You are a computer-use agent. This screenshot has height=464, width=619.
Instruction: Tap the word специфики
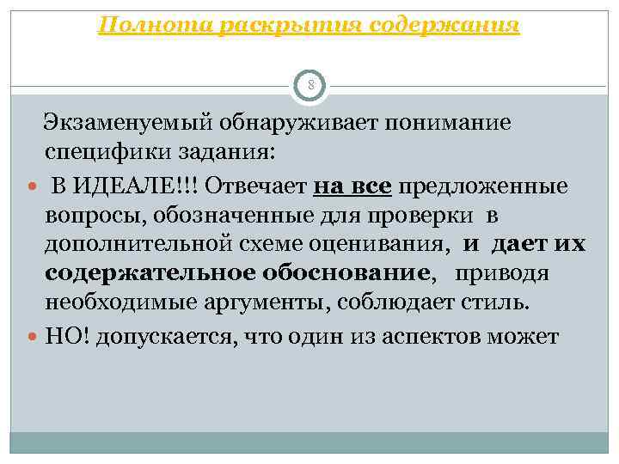point(98,153)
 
